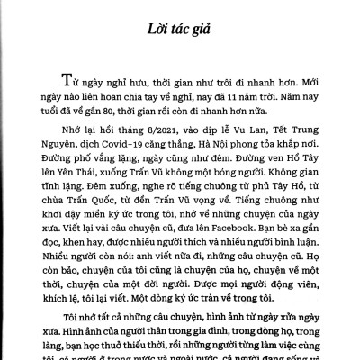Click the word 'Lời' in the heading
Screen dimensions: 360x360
[149, 35]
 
